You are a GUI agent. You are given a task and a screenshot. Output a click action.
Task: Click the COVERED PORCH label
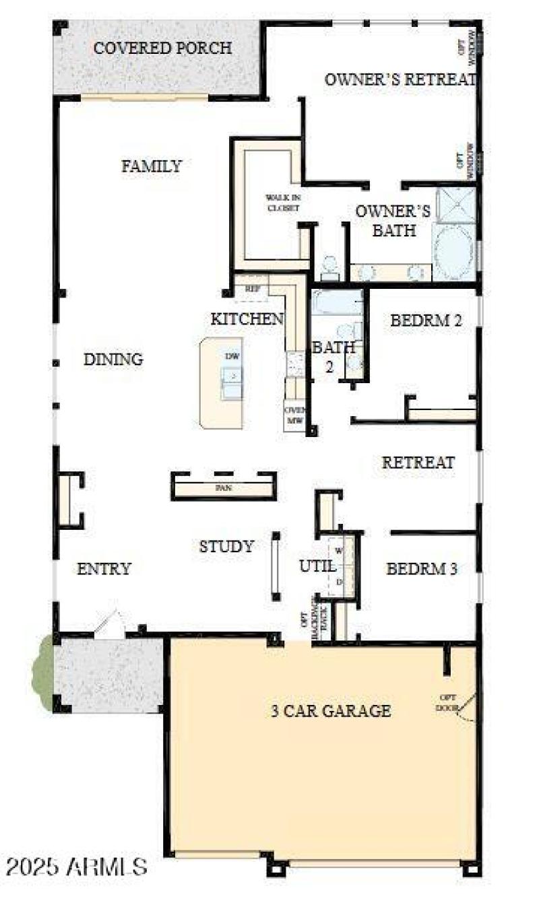[162, 48]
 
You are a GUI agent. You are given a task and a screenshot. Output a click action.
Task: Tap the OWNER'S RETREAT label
[400, 79]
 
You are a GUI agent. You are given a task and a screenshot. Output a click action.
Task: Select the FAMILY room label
[152, 166]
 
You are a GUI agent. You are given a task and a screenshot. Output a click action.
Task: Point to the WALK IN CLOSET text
[282, 202]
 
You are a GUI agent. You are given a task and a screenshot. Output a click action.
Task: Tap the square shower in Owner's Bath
[456, 205]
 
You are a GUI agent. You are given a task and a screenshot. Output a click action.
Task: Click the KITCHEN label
[247, 319]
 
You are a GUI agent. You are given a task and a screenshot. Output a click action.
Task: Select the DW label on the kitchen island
[232, 356]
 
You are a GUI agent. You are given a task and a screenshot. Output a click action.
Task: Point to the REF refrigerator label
[253, 288]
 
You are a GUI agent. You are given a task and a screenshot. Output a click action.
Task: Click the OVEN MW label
[295, 415]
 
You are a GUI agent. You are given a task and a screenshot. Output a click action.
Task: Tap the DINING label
[113, 360]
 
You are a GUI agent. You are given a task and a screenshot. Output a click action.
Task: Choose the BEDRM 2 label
[426, 321]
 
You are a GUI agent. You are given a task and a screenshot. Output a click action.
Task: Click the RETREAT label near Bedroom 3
[418, 463]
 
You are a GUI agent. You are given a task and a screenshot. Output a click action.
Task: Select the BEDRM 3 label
[422, 570]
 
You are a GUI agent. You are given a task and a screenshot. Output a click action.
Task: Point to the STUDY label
[226, 547]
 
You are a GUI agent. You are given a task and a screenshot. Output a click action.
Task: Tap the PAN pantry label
[224, 488]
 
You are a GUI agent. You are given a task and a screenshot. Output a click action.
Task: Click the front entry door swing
[109, 624]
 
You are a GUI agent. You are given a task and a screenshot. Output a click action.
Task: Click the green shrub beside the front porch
[43, 673]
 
